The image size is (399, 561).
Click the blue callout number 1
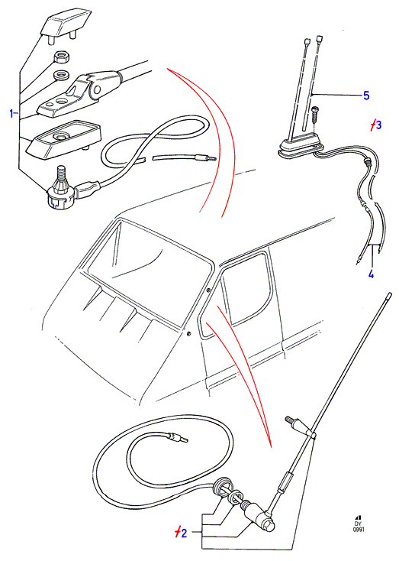[12, 114]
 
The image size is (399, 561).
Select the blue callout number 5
[365, 96]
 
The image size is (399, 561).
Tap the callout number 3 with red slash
[376, 125]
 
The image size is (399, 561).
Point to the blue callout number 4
[371, 274]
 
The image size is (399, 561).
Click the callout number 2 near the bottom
[181, 533]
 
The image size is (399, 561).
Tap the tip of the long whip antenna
[389, 295]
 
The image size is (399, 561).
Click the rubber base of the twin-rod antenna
[301, 147]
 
